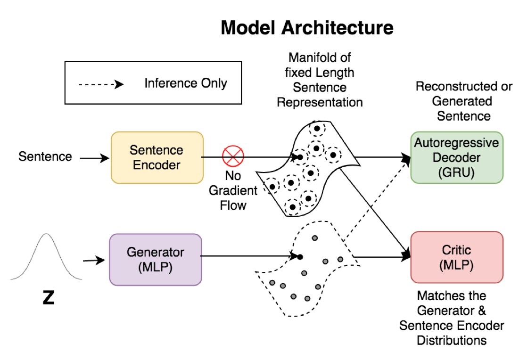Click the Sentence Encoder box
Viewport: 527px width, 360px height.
point(157,157)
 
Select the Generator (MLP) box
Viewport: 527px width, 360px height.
point(156,260)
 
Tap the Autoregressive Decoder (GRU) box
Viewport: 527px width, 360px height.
point(457,157)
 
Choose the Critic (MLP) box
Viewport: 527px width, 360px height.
point(457,257)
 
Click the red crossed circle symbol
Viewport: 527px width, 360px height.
point(233,156)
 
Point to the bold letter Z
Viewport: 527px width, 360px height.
point(49,297)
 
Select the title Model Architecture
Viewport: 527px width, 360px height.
point(307,27)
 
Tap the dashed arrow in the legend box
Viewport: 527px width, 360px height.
point(101,84)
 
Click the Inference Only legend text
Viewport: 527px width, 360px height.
point(186,83)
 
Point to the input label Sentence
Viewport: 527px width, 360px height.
point(45,156)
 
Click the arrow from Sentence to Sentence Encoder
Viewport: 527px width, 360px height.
point(94,158)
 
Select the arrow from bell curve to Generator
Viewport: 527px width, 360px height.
point(94,260)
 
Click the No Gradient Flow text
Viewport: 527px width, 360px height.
point(233,190)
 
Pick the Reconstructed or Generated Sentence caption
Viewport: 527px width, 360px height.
point(464,101)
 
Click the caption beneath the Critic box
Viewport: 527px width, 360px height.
point(452,318)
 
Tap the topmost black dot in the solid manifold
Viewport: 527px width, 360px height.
point(317,128)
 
